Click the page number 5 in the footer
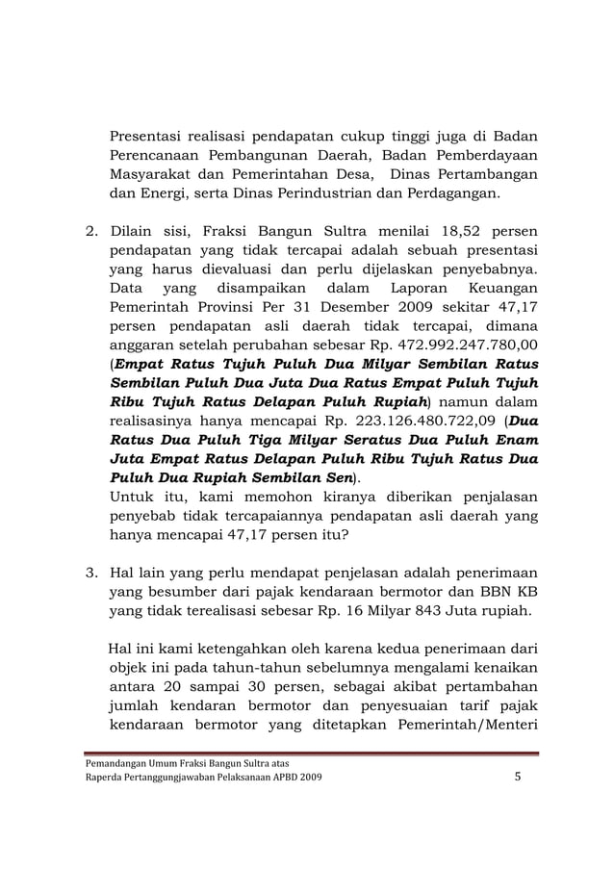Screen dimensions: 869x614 tap(517, 778)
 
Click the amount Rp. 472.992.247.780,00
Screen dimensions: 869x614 tap(448, 344)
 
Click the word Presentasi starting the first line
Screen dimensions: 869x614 tap(146, 136)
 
